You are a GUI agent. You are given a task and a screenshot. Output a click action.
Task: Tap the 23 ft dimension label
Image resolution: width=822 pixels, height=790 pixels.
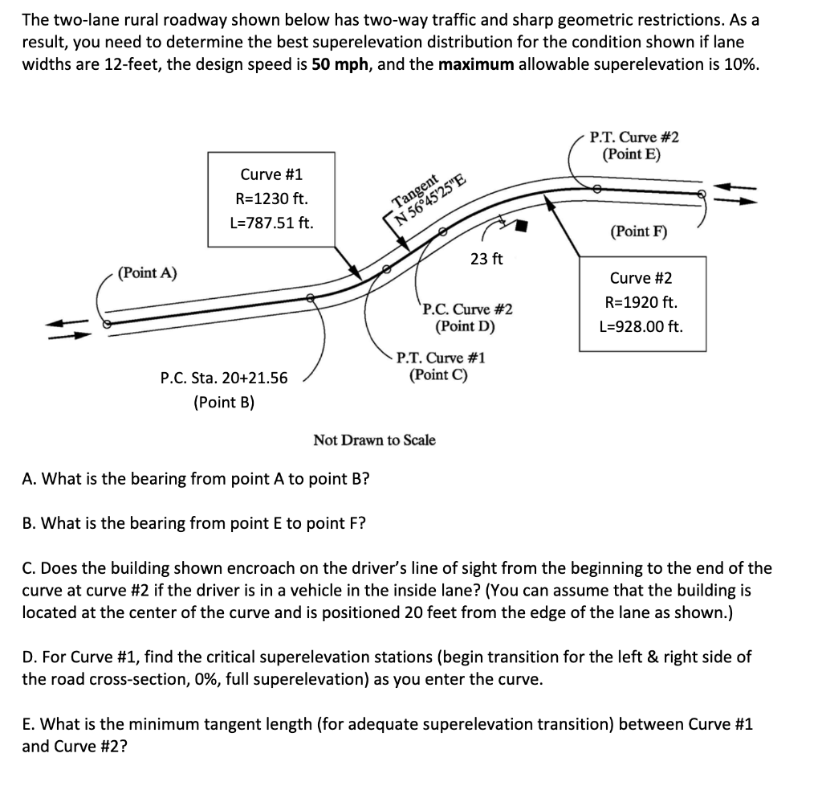point(486,259)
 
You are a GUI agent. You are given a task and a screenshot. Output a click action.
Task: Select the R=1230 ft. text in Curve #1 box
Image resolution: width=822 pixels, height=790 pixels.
point(271,198)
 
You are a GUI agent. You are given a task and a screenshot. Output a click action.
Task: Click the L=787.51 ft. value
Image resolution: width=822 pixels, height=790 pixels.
point(271,222)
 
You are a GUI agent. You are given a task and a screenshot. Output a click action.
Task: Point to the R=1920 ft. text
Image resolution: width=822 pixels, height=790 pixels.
point(641,303)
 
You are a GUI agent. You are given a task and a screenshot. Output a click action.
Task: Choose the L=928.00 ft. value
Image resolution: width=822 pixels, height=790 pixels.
point(641,327)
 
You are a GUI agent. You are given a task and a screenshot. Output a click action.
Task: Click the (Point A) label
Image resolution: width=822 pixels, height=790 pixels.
point(148,273)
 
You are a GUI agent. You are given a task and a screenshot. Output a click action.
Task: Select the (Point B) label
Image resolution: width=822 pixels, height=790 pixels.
point(224,402)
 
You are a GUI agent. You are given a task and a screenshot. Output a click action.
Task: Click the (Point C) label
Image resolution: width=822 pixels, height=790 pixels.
point(438,375)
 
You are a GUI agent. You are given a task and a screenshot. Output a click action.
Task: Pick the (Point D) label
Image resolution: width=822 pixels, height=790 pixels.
point(465,327)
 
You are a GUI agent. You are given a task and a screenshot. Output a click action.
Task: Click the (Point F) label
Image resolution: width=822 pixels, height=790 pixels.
point(638,232)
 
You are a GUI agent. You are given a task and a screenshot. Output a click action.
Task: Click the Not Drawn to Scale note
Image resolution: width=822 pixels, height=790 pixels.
point(374,440)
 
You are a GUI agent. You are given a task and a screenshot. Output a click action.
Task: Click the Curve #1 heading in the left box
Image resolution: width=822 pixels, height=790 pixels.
point(271,174)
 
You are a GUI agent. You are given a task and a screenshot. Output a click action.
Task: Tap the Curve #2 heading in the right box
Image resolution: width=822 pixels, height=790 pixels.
point(641,279)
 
